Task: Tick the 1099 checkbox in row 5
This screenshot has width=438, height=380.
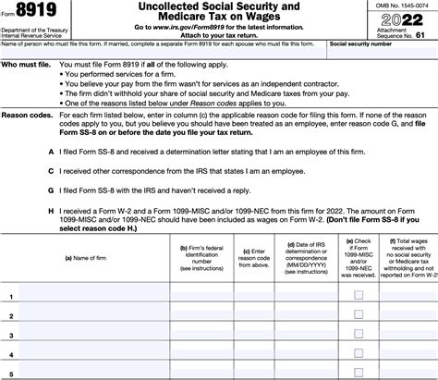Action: [x=358, y=374]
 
